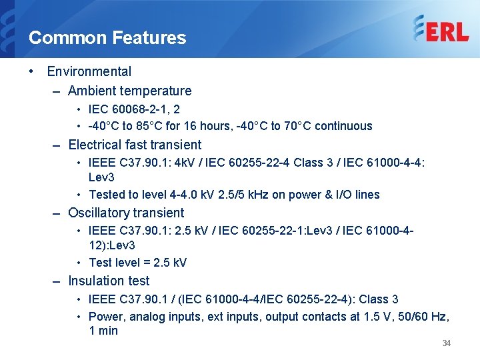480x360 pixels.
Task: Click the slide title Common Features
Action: (107, 38)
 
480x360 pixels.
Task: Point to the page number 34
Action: (447, 343)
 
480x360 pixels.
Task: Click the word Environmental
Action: (89, 71)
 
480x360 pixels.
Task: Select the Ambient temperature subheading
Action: (129, 91)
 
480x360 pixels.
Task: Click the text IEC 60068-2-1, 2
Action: (134, 109)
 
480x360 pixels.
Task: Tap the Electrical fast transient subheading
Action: (135, 145)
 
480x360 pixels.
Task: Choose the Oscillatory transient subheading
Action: (126, 213)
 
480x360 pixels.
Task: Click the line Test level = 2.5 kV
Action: (137, 263)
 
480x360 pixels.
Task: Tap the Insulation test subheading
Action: (109, 281)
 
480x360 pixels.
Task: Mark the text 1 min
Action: (103, 331)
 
